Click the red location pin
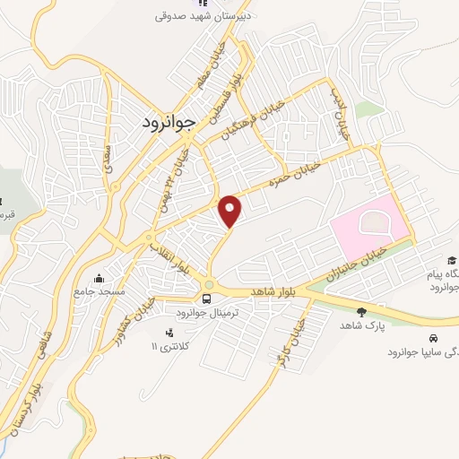pyautogui.click(x=231, y=211)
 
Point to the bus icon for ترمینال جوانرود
pyautogui.click(x=206, y=299)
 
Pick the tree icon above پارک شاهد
pyautogui.click(x=360, y=312)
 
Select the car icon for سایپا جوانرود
pyautogui.click(x=433, y=339)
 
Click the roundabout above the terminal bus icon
pyautogui.click(x=208, y=286)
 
